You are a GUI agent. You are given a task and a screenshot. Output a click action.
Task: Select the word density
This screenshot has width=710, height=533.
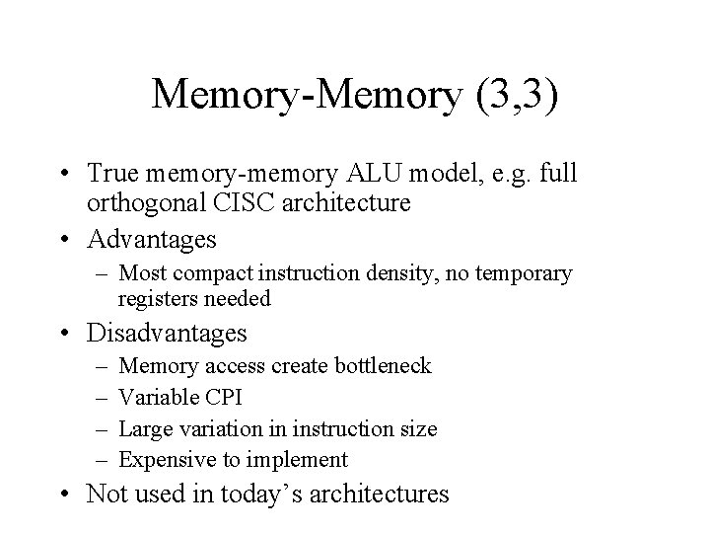tap(381, 273)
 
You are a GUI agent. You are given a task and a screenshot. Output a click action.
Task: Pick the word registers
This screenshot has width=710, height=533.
tap(156, 297)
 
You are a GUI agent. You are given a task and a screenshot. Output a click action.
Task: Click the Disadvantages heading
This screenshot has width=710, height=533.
tap(168, 333)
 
